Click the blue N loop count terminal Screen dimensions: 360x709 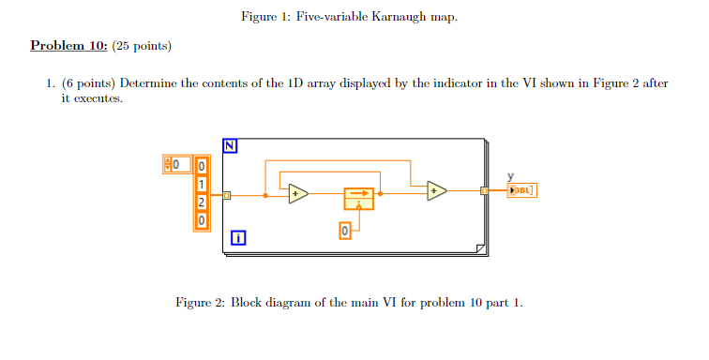click(x=231, y=144)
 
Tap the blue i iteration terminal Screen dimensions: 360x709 click(x=239, y=238)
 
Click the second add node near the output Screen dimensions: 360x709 click(x=436, y=190)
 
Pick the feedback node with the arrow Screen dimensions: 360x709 click(x=358, y=198)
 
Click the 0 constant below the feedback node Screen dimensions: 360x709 click(x=344, y=230)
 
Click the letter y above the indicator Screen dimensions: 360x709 click(x=511, y=175)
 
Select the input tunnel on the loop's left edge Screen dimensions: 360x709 click(x=227, y=196)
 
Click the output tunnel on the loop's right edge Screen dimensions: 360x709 click(x=485, y=190)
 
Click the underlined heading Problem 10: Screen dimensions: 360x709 click(x=68, y=46)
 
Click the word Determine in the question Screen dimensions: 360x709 click(x=151, y=83)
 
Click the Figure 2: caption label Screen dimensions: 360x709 click(x=200, y=302)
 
